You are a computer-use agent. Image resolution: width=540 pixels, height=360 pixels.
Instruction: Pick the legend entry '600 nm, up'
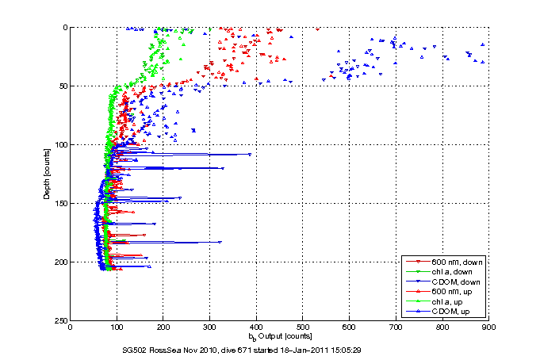tap(450, 292)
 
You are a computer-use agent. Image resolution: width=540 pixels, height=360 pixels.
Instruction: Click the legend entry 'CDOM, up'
tap(450, 312)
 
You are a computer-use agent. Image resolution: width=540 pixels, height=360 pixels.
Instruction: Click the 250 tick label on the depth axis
tap(59, 320)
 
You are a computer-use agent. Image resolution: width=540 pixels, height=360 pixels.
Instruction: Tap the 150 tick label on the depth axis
tap(59, 203)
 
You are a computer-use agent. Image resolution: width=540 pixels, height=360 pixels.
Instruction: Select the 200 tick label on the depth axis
tap(59, 262)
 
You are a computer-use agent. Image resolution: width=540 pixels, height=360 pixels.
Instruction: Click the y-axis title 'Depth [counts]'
tap(48, 174)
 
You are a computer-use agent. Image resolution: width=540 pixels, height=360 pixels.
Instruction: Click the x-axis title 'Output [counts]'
tap(285, 337)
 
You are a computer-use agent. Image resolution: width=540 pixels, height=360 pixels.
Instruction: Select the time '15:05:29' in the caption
tap(385, 349)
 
